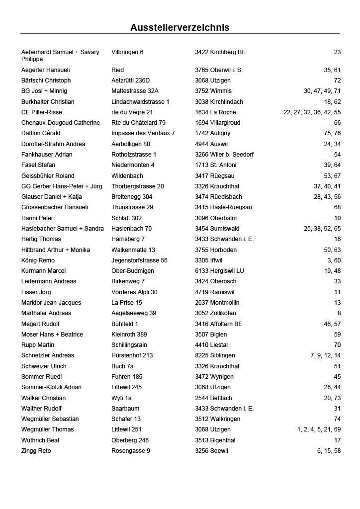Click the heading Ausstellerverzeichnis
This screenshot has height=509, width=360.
coord(180,27)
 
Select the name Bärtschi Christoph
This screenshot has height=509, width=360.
coord(46,81)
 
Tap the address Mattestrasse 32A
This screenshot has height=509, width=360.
coord(135,91)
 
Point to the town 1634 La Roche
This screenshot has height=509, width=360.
coord(215,112)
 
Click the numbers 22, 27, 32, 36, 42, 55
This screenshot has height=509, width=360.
coord(312,112)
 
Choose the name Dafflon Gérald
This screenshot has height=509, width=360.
coord(41,133)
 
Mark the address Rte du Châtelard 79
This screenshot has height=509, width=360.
coord(138,123)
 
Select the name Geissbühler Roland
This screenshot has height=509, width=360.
coord(48,176)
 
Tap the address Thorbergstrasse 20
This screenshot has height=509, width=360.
coord(137,186)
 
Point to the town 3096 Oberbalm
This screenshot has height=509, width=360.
coord(216,218)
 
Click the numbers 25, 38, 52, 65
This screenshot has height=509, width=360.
coord(322,229)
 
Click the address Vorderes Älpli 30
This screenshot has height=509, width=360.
coord(134,292)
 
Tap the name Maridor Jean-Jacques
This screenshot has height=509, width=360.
coord(51,303)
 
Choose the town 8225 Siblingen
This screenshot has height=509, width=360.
coord(215,355)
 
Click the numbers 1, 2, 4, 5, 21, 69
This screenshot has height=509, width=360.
coord(319,429)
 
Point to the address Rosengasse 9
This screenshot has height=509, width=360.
coord(131,451)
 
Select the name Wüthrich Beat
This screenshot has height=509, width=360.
coord(40,440)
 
